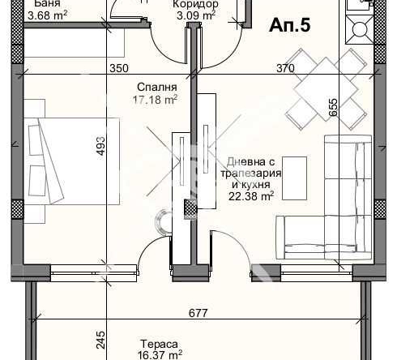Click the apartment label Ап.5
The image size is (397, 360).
(x=290, y=25)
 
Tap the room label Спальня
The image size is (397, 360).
(x=157, y=87)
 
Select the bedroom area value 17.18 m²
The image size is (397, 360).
(x=155, y=100)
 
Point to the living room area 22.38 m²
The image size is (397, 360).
(x=251, y=196)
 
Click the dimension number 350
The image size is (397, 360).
(x=119, y=68)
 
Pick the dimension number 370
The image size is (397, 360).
(x=286, y=68)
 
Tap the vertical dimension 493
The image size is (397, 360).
(x=100, y=146)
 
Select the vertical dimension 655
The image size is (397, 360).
(x=334, y=108)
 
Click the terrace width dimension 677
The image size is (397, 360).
(x=198, y=313)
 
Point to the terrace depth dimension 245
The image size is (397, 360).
(x=100, y=340)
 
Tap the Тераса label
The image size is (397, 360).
(x=160, y=344)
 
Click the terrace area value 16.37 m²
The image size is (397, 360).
(x=160, y=355)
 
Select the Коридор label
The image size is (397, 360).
(x=195, y=4)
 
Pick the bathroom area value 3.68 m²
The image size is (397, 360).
(x=48, y=15)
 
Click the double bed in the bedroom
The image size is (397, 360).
(x=71, y=161)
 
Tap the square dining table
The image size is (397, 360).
(x=326, y=89)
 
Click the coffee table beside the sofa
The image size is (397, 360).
(x=294, y=178)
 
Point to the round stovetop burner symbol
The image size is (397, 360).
(x=360, y=29)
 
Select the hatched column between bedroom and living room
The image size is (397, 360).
(x=190, y=209)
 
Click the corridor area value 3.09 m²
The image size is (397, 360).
(x=196, y=15)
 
